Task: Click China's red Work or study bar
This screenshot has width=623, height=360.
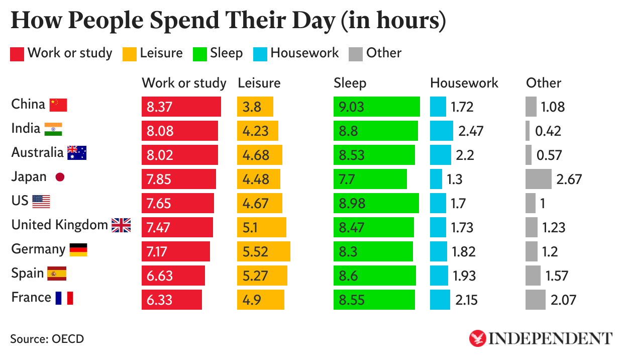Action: coord(181,107)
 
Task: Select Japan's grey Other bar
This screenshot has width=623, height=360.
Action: coord(539,179)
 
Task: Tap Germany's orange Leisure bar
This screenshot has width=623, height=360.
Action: coord(263,251)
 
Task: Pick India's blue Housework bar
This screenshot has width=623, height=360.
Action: coord(441,131)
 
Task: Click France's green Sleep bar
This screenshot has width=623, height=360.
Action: coord(374,300)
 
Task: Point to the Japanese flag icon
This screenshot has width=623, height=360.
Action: coord(60,177)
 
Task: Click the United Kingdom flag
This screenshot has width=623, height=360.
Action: coord(121,225)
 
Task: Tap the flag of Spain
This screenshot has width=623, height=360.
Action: coord(57,274)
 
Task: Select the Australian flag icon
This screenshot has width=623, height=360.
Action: coord(77,153)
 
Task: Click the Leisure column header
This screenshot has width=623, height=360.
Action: coord(259,83)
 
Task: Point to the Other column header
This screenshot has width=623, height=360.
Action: coord(544,83)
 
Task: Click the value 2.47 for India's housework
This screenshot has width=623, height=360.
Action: coord(471,131)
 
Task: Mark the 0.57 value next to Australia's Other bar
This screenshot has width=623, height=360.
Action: coord(549,155)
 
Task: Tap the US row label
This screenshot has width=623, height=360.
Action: coord(20,201)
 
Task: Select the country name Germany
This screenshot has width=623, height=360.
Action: coord(38,249)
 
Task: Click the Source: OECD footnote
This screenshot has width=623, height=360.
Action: coord(47,339)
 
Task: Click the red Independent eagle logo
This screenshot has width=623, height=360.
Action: coord(477,338)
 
